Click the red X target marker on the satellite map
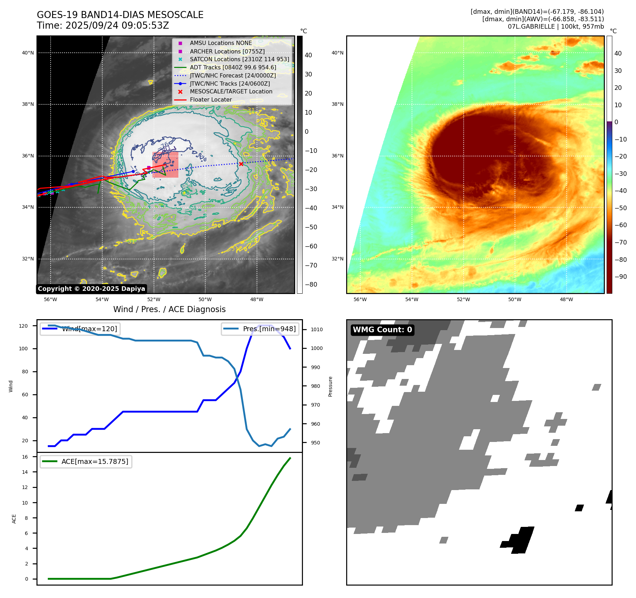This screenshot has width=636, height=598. (241, 164)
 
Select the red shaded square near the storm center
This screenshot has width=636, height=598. (165, 165)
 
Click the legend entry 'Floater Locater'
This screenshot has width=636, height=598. (211, 100)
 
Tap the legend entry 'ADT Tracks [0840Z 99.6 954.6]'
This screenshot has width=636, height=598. (233, 67)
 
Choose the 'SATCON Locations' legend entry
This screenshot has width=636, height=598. (239, 59)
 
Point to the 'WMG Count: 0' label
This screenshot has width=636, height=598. (382, 330)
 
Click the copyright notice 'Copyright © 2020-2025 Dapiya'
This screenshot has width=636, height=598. (91, 289)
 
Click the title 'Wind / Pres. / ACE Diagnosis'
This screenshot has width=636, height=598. (169, 309)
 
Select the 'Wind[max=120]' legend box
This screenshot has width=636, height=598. (80, 329)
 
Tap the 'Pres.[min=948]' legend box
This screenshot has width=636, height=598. (260, 329)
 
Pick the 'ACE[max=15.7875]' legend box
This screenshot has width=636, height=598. (86, 461)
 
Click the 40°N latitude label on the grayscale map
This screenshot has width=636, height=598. (28, 53)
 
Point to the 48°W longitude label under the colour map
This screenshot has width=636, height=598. (566, 299)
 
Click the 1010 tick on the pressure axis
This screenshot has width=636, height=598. (317, 329)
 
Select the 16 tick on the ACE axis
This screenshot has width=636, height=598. (25, 457)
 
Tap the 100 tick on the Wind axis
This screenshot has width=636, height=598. (23, 349)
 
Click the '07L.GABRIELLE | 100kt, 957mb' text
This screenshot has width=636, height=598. (556, 27)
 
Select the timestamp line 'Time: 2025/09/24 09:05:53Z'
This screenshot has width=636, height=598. (103, 25)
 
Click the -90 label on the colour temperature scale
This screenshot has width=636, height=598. (621, 277)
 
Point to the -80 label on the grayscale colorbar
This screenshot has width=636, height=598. (311, 284)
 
